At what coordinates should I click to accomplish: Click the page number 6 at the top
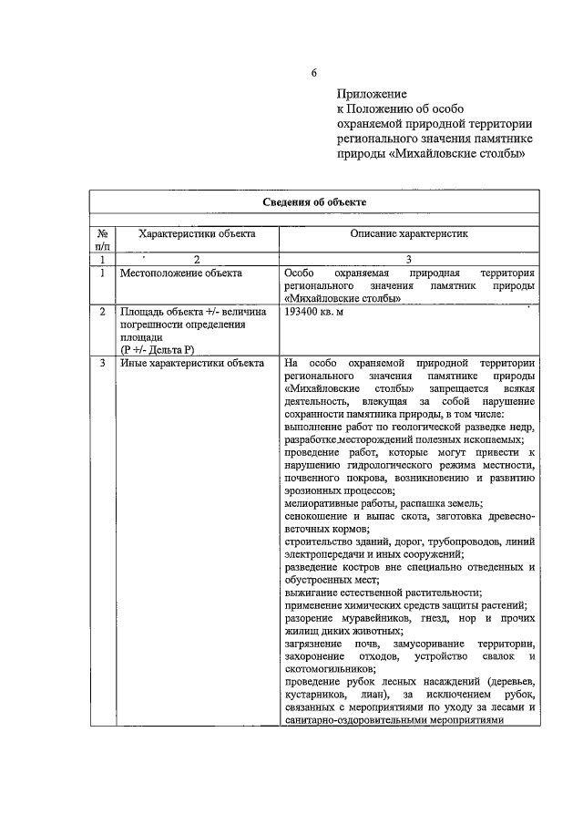pos(314,73)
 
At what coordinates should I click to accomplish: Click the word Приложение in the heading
pos(371,93)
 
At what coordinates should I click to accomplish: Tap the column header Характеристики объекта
pos(197,233)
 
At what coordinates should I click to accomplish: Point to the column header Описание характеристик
pos(409,233)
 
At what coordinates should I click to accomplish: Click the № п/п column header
pos(102,240)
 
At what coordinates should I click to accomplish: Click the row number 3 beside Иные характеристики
pos(102,363)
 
